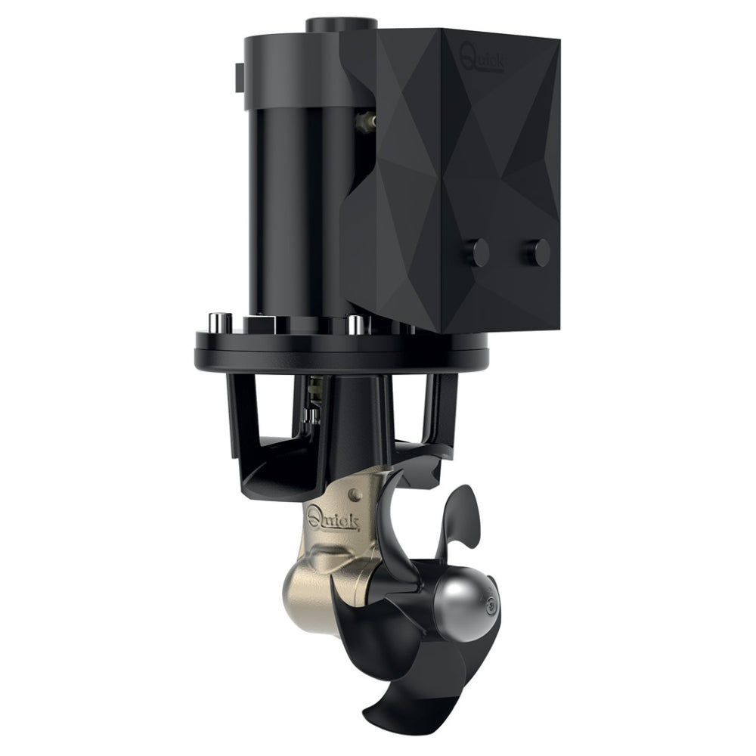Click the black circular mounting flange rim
pos(340,352)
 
